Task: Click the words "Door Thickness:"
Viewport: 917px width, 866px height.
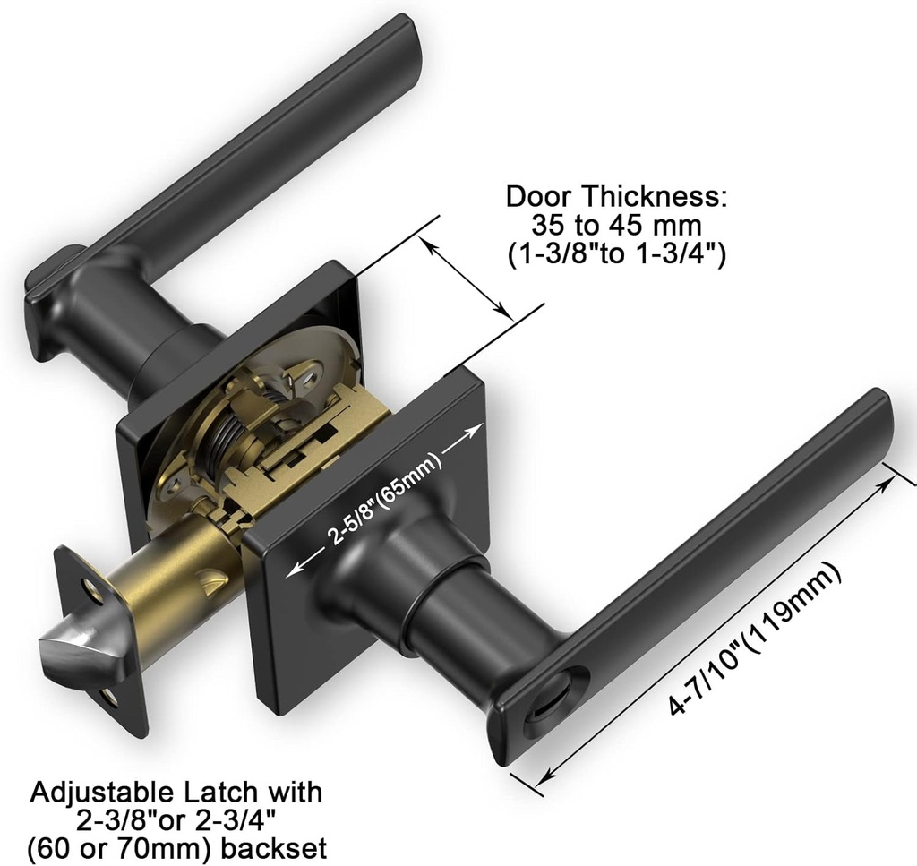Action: pos(616,196)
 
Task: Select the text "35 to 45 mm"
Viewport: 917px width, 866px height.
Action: pos(616,225)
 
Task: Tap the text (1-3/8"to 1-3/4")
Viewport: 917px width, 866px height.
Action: pos(616,254)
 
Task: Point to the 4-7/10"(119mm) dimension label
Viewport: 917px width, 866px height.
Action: pos(754,639)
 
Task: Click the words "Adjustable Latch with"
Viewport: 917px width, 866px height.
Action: pos(176,793)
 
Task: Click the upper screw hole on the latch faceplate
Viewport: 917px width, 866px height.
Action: pos(90,589)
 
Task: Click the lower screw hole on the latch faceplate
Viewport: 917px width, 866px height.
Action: pos(108,696)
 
